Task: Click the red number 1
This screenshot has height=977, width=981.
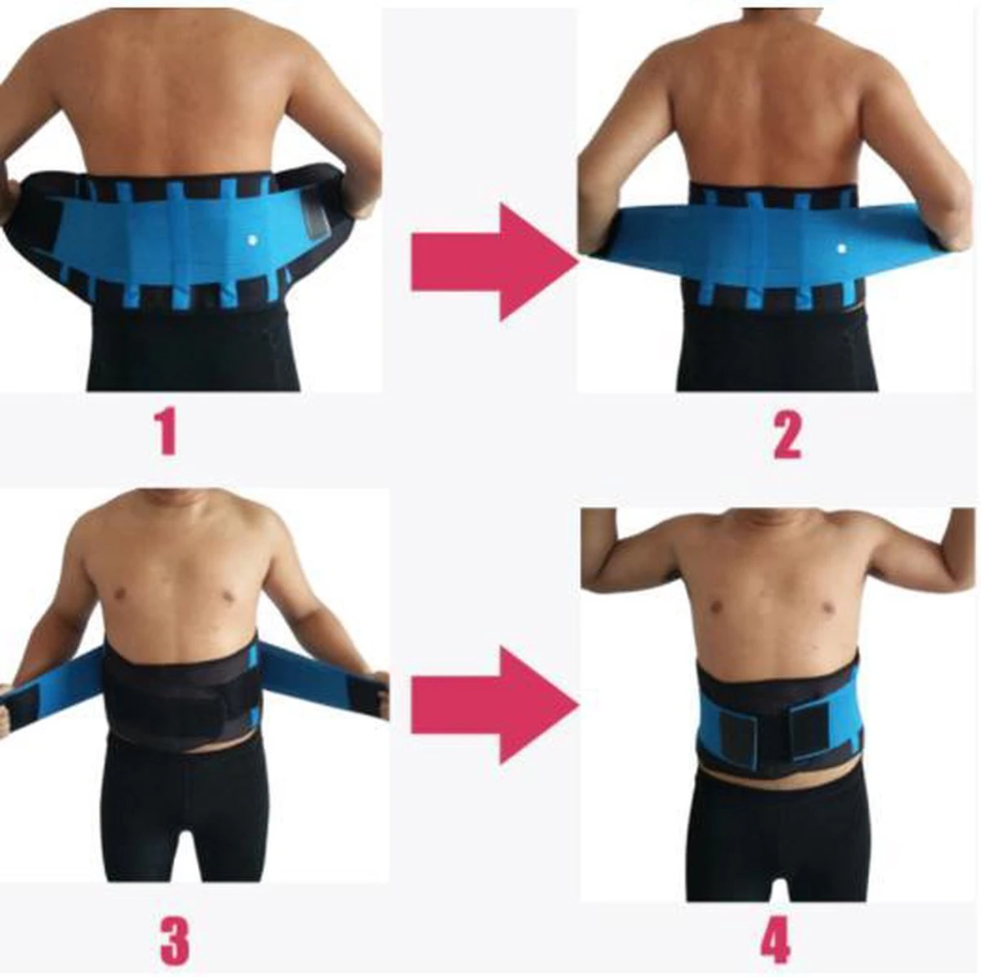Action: tap(167, 432)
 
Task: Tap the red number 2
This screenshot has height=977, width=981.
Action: tap(787, 434)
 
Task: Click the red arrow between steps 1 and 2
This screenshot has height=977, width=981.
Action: tap(494, 262)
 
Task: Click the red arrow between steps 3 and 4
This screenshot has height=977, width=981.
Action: tap(494, 706)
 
